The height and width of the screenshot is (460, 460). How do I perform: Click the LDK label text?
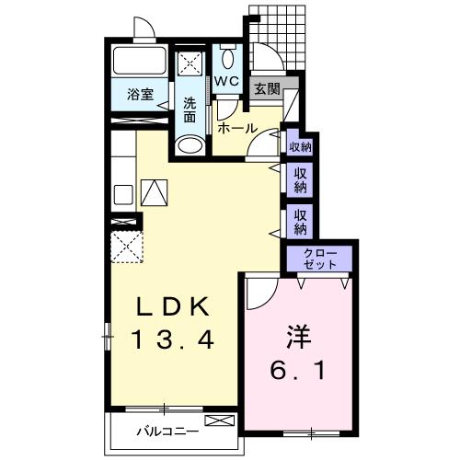(x=173, y=306)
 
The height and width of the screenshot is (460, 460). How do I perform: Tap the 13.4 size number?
(x=173, y=339)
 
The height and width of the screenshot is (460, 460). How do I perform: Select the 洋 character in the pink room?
(x=298, y=337)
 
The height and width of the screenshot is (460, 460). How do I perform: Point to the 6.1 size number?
(x=297, y=371)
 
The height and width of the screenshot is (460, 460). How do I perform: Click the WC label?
(x=226, y=81)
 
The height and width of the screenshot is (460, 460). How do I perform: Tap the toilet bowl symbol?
(x=227, y=60)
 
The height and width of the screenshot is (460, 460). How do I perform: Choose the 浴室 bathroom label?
(x=141, y=95)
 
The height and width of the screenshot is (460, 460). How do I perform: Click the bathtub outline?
(x=140, y=61)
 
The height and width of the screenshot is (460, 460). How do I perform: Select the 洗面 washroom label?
(x=190, y=109)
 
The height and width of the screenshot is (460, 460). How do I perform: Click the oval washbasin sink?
(x=190, y=145)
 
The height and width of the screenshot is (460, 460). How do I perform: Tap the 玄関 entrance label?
(x=268, y=89)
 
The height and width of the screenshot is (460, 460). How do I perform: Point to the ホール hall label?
(x=237, y=128)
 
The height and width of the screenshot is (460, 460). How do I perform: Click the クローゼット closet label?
(x=320, y=259)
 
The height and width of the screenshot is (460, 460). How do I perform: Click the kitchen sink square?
(x=123, y=194)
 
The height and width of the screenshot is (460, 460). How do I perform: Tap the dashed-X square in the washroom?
(x=190, y=63)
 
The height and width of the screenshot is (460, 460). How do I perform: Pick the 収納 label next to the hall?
(x=300, y=147)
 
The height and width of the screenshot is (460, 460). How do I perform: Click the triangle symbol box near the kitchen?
(x=154, y=192)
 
